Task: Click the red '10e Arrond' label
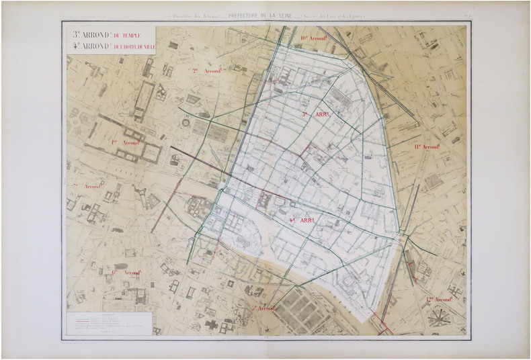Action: coord(314,38)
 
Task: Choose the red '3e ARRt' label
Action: coord(316,115)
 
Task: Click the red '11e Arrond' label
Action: coord(427,146)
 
